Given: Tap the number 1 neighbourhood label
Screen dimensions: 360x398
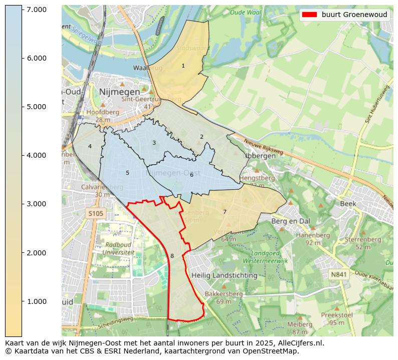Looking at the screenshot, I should (183, 66).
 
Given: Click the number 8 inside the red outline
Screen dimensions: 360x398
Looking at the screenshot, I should (172, 256).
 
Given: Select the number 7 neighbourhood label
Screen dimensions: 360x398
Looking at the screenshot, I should (225, 212).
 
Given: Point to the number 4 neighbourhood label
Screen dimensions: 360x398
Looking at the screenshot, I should (90, 146).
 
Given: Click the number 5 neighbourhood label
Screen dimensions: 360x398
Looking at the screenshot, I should (127, 173).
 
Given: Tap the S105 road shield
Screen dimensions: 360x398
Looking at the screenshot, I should (96, 214).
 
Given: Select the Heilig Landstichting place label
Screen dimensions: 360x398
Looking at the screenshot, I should (224, 275).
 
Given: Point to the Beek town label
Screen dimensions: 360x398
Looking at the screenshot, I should (348, 204).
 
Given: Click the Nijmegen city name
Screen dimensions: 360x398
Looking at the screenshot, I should (119, 92).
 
